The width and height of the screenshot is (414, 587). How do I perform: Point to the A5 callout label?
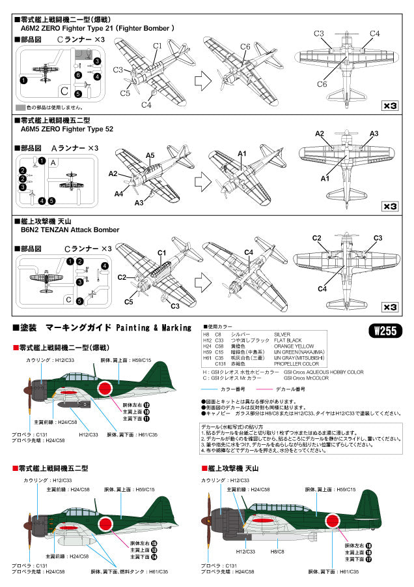[150, 155]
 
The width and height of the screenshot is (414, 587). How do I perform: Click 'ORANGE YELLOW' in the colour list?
[294, 346]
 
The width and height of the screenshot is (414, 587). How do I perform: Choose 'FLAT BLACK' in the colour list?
[289, 340]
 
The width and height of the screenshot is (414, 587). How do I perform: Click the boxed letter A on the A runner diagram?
[54, 162]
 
